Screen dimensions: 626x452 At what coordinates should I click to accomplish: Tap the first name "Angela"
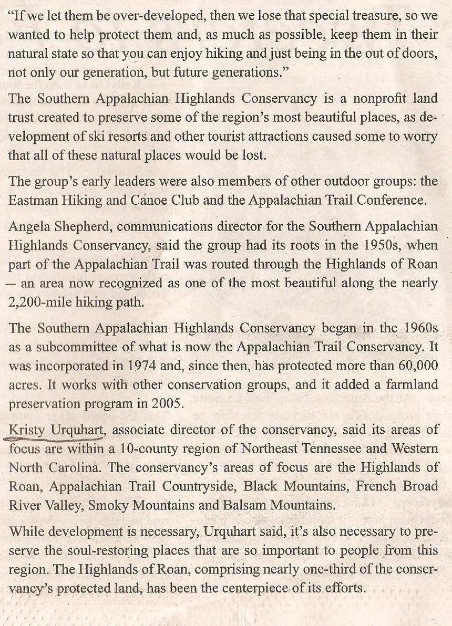(x=27, y=227)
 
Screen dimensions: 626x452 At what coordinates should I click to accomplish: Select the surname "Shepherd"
(x=79, y=227)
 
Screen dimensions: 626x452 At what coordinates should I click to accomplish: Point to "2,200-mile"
(x=40, y=302)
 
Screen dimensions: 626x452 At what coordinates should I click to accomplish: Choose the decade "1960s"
(x=419, y=329)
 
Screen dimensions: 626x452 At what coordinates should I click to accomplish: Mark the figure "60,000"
(x=416, y=366)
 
